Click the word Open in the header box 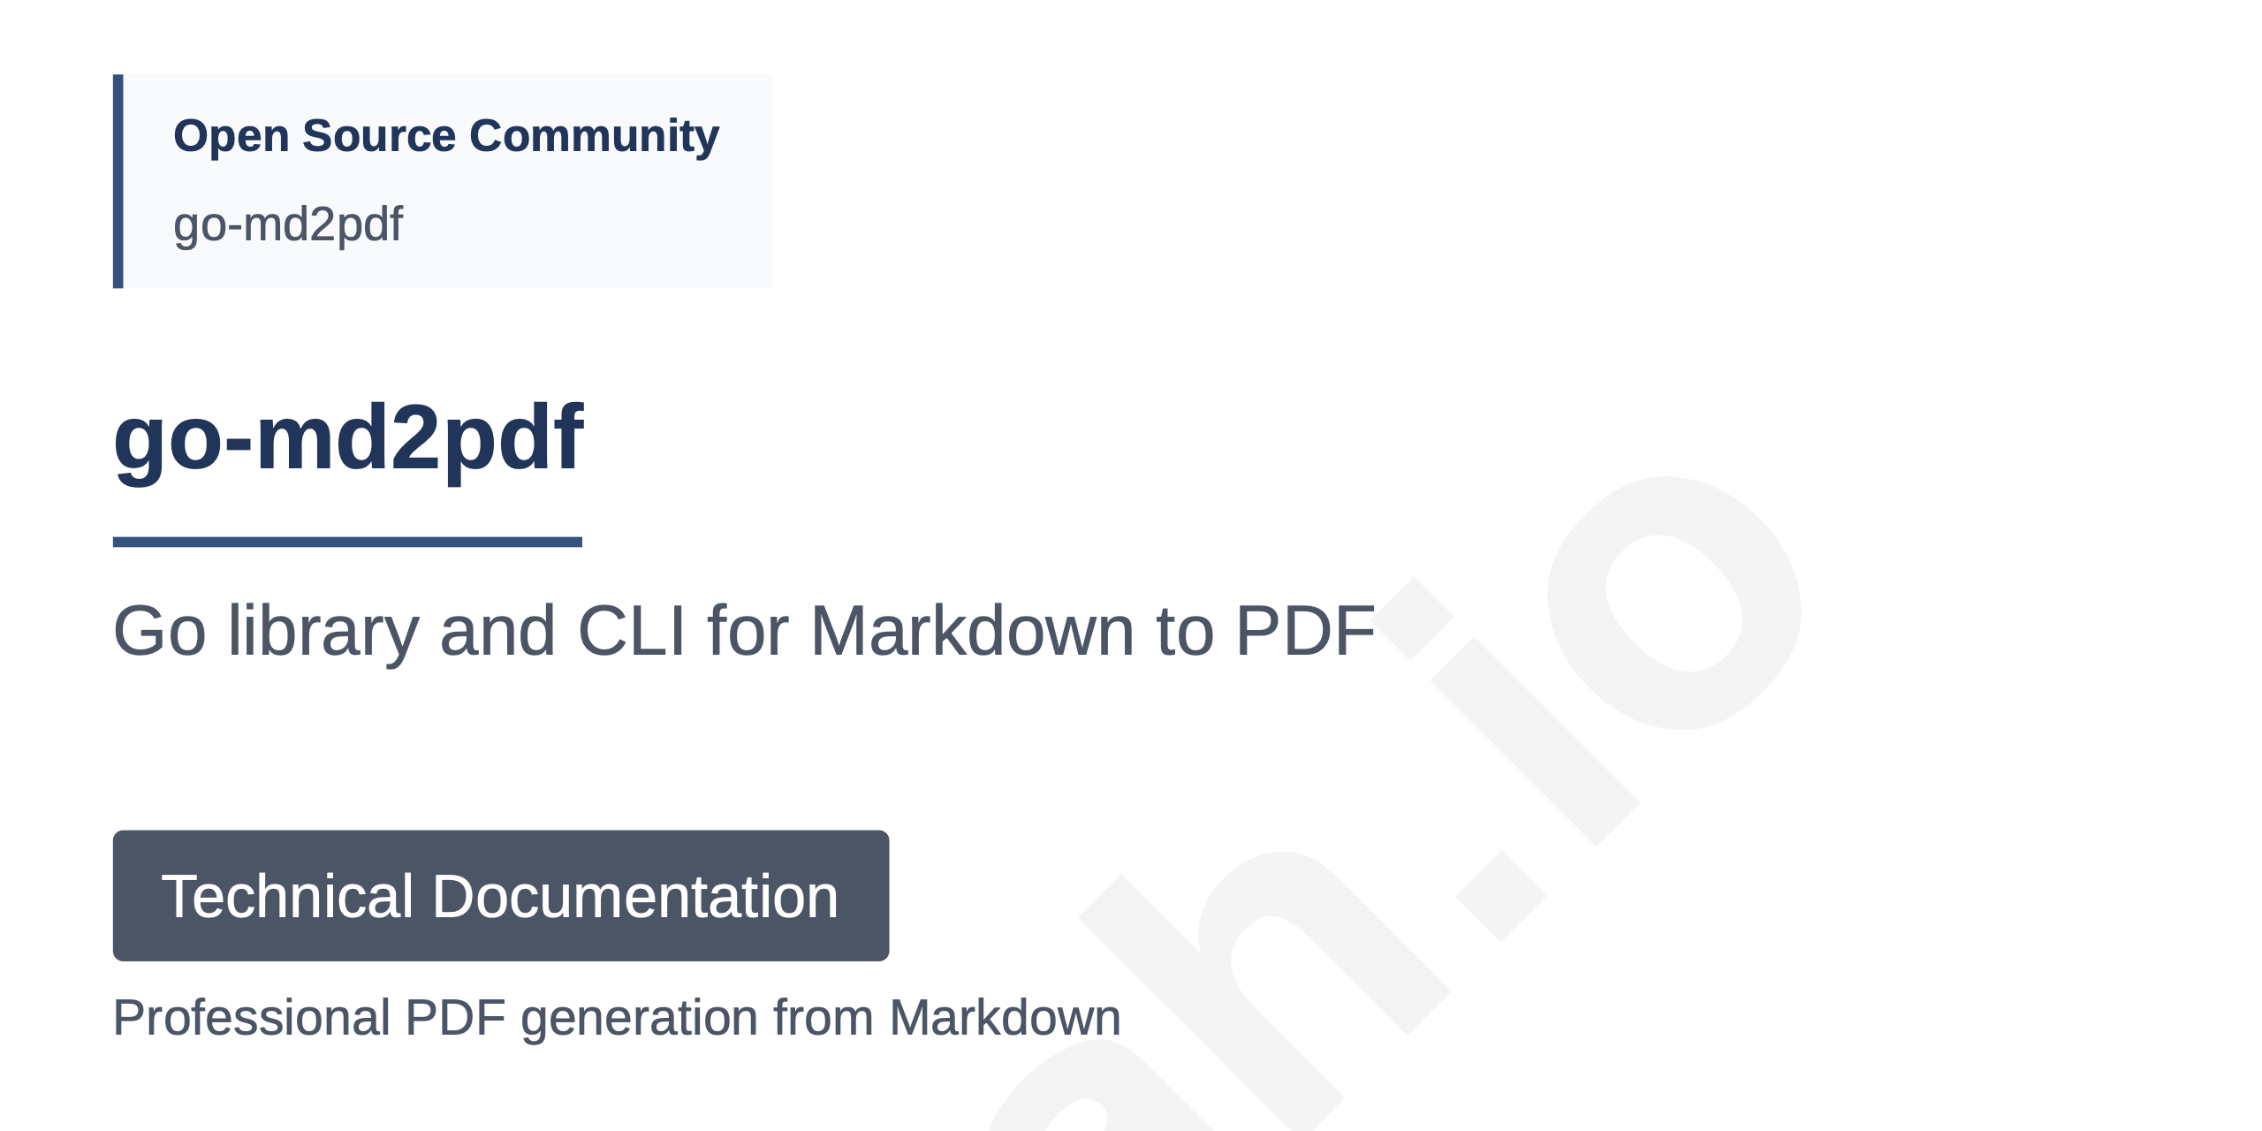coord(231,137)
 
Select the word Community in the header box coord(594,137)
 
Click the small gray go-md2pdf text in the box coord(288,224)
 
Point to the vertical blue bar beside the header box coord(118,181)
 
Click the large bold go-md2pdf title coord(348,438)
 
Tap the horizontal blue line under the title coord(347,542)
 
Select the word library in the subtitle coord(323,631)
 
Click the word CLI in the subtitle coord(631,631)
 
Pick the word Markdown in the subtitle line coord(972,631)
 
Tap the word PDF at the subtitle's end coord(1304,631)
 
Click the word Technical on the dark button coord(287,896)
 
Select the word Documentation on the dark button coord(634,896)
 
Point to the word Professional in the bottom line coord(252,1018)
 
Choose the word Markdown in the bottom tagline coord(1005,1018)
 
